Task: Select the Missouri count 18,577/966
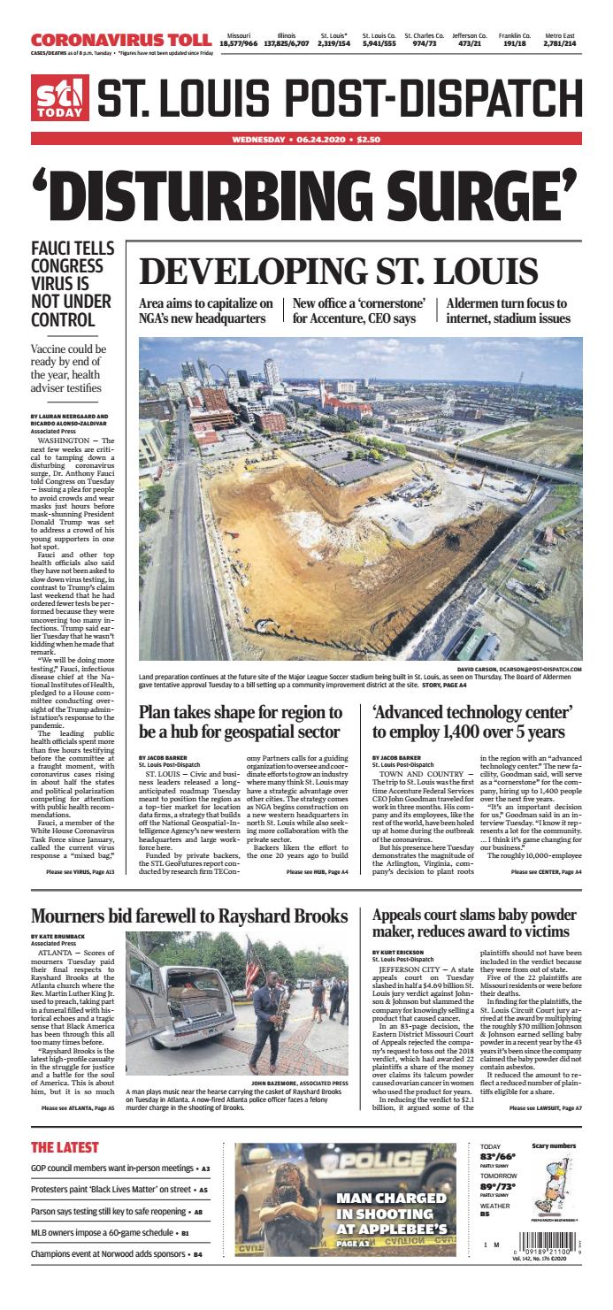[239, 42]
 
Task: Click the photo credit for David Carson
[522, 670]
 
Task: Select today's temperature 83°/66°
[499, 1157]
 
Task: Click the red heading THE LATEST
[65, 1147]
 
